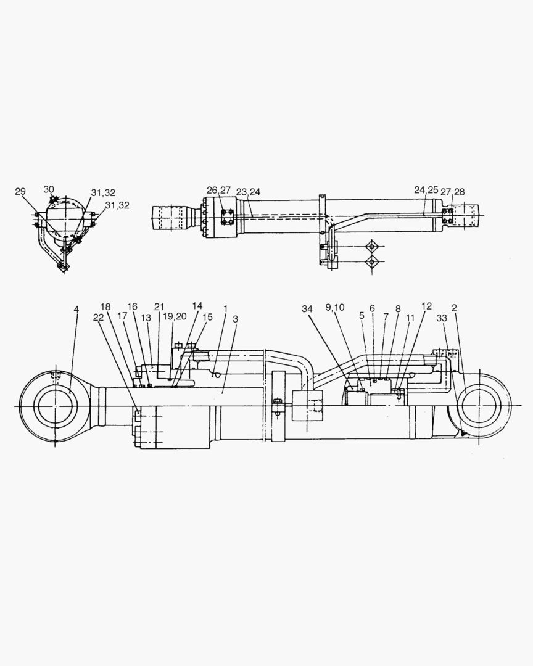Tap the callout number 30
(x=49, y=189)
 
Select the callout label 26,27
(x=218, y=191)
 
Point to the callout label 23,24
(x=248, y=192)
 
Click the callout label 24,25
(x=426, y=191)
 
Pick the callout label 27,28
(x=452, y=192)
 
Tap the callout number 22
(x=98, y=316)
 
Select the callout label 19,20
(x=175, y=316)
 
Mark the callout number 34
(x=308, y=308)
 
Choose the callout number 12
(x=427, y=306)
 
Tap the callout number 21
(x=160, y=307)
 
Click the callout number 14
(x=197, y=306)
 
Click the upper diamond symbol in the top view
(x=371, y=246)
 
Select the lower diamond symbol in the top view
(x=371, y=262)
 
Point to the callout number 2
(x=454, y=307)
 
